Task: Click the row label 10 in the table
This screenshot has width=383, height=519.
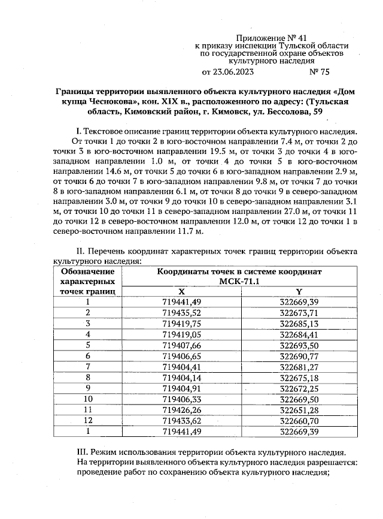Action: [x=88, y=399]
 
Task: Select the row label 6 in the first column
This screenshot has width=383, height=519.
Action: [x=88, y=356]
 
